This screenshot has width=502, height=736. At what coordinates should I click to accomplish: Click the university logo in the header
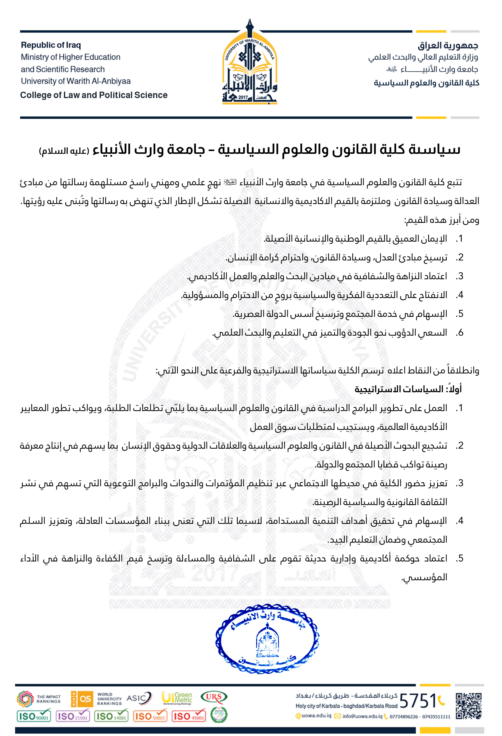pos(250,63)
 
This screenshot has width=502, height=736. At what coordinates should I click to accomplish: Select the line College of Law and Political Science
pos(94,95)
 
